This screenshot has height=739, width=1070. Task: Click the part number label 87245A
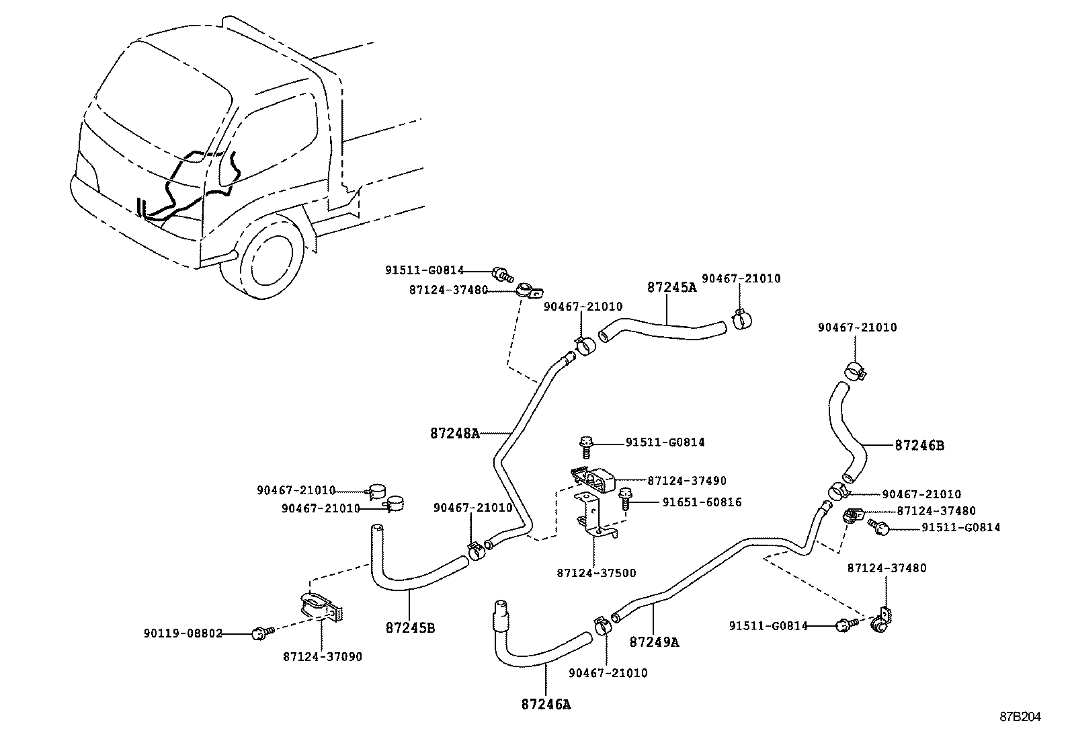671,287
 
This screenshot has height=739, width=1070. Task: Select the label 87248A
455,434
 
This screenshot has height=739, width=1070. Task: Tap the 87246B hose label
919,445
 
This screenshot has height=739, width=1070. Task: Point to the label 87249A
654,642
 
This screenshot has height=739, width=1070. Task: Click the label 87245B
410,628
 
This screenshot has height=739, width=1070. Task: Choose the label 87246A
546,704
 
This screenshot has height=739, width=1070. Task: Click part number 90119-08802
183,633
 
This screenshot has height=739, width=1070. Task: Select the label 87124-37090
322,656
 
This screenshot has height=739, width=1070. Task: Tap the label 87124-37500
596,573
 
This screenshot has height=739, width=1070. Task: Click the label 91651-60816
702,502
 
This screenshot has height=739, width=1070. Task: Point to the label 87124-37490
687,481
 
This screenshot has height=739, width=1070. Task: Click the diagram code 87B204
1020,717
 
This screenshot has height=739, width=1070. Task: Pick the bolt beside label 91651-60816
625,500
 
